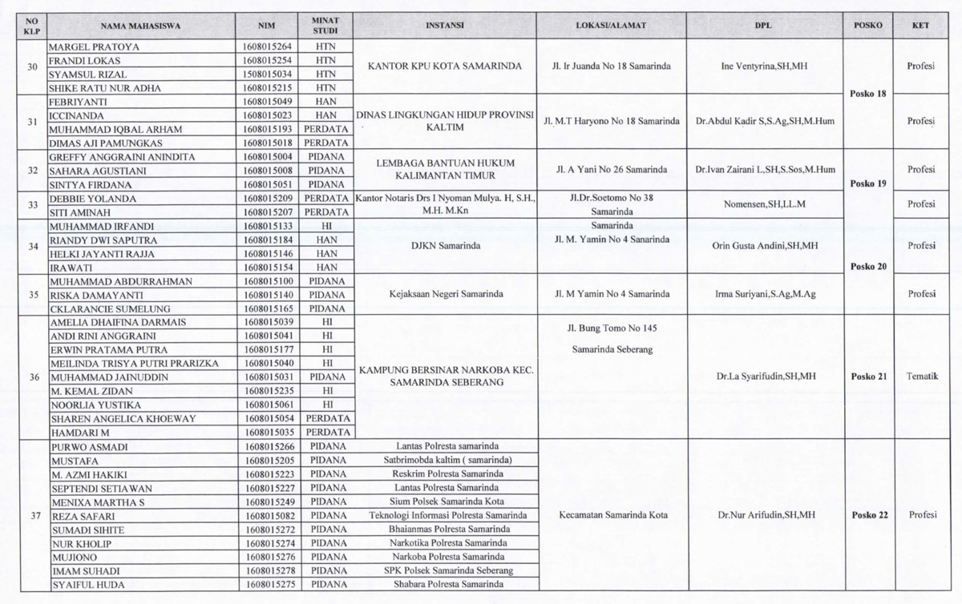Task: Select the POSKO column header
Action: (x=867, y=26)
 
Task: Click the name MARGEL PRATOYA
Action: (x=95, y=47)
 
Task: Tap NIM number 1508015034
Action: (x=268, y=74)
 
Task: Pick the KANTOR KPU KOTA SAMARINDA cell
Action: (x=444, y=66)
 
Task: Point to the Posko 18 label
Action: (x=867, y=94)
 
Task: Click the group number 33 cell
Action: (x=33, y=204)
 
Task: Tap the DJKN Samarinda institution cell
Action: (x=444, y=246)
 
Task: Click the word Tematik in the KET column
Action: (x=921, y=376)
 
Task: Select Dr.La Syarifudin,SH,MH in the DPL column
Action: (x=766, y=376)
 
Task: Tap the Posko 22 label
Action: (x=869, y=515)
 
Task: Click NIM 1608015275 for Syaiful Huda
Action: (x=268, y=585)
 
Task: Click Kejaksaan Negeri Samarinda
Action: (x=444, y=294)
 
